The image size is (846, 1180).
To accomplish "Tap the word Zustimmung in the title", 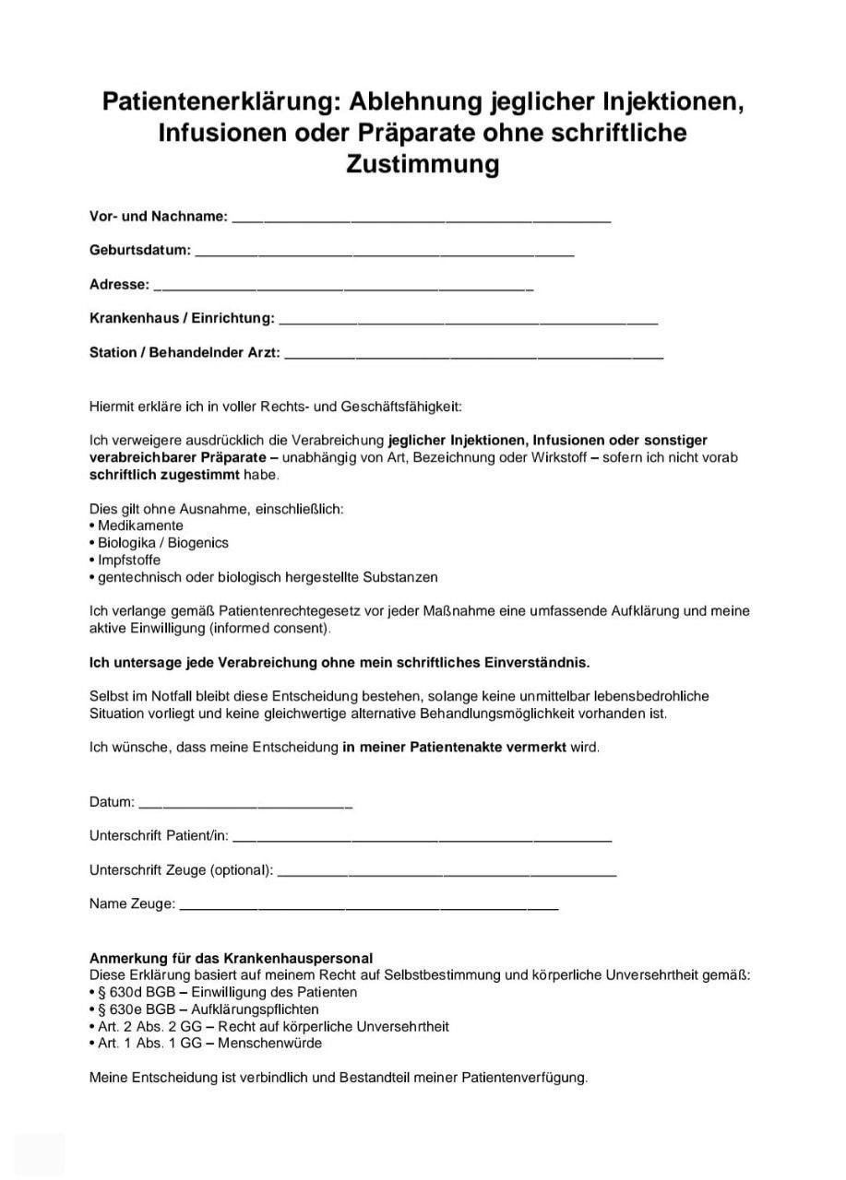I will (423, 164).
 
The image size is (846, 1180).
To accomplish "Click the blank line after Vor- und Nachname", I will (421, 219).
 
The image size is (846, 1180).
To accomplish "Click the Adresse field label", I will (119, 285).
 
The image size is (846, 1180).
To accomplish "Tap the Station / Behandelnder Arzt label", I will (185, 353).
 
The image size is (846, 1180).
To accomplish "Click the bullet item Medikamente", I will (140, 525).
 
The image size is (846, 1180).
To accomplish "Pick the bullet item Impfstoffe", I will (129, 560).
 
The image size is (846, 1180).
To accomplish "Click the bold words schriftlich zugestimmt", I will (164, 475).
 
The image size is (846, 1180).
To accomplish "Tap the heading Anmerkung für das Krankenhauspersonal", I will (231, 959).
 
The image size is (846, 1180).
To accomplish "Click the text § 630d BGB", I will (137, 992).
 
